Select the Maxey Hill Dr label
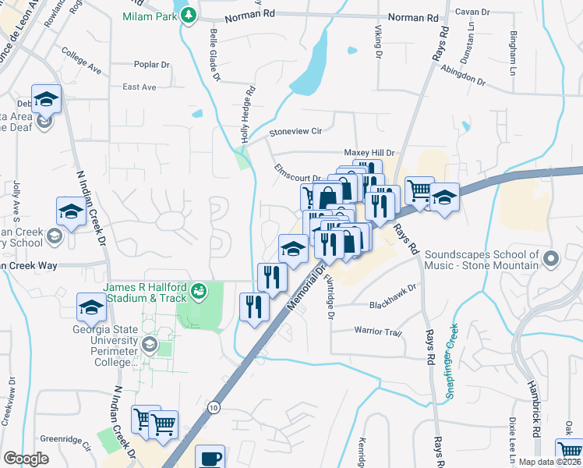(x=370, y=153)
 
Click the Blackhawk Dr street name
(x=394, y=305)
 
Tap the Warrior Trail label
(x=378, y=331)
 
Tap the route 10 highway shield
(x=214, y=407)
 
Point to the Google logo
(x=26, y=459)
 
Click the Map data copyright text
(x=549, y=462)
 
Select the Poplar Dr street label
(x=151, y=65)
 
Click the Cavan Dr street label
(x=472, y=12)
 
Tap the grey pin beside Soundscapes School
(x=551, y=257)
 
